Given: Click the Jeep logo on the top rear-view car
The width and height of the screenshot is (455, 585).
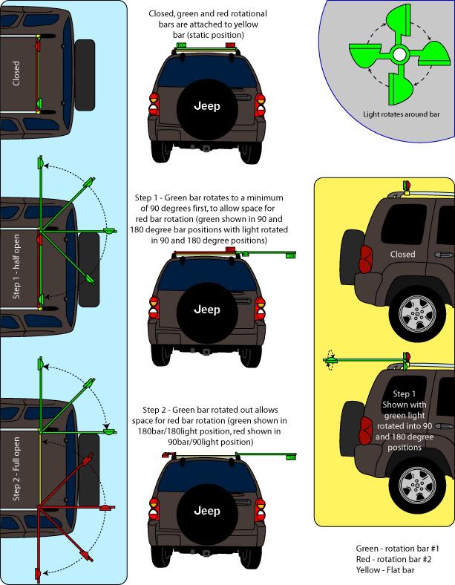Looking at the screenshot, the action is tap(207, 106).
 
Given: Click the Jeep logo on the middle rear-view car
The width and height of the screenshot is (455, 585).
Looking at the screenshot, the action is tap(207, 310).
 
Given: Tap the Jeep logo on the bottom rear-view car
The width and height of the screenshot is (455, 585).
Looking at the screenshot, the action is tap(207, 511).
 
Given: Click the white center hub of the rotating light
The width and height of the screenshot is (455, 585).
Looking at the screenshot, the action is tap(399, 55).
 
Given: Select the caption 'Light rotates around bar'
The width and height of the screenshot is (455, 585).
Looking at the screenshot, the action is tap(402, 114).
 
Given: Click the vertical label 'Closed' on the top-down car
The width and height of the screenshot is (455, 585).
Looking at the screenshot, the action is tap(16, 73).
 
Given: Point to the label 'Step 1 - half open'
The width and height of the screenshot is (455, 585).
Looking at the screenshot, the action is tap(16, 267).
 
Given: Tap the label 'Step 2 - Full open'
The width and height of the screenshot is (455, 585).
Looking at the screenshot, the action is tap(16, 469).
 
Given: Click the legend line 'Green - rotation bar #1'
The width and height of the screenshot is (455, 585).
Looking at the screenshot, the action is tap(397, 549).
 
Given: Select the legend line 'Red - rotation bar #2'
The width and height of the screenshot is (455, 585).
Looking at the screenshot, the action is tap(393, 559).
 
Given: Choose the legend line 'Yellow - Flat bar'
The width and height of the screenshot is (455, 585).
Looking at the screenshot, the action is tap(385, 570).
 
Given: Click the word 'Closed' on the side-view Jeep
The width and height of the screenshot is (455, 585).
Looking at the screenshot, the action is tap(402, 254).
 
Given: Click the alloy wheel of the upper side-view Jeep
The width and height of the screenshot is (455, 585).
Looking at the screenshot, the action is tap(416, 314).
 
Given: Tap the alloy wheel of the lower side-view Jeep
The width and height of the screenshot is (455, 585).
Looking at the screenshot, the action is tap(416, 485).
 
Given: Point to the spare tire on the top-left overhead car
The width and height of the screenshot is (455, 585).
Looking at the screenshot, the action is tap(85, 75).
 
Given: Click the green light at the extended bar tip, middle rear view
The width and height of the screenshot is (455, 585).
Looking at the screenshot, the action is tap(290, 255).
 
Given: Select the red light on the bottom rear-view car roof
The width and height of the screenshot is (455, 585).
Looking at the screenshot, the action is tap(168, 455).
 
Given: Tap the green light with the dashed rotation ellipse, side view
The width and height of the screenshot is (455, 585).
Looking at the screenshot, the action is tap(330, 360).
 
